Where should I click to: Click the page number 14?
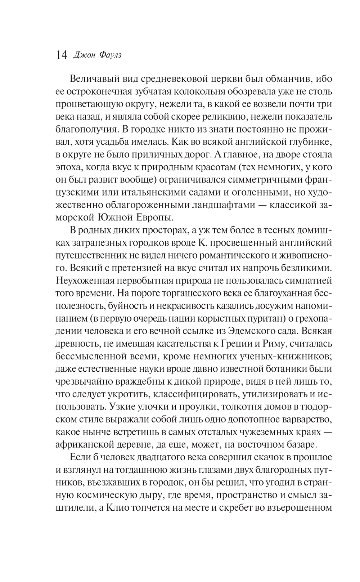click(x=62, y=55)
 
